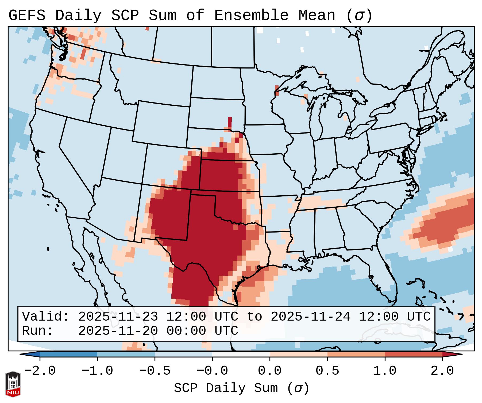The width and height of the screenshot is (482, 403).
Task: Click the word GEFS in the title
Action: tap(27, 16)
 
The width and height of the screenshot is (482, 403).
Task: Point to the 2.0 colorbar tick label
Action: tap(442, 371)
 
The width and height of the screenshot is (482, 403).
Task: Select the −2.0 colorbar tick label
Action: tap(40, 371)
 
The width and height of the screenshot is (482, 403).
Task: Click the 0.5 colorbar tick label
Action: tap(327, 371)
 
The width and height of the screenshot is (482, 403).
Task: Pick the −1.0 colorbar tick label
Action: tap(97, 371)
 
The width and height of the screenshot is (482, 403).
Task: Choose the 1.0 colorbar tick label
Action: tap(385, 371)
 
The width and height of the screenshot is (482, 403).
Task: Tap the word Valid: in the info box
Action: tap(46, 317)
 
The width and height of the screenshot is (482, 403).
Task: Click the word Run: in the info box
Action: tap(38, 331)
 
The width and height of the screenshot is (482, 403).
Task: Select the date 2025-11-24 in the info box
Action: tap(310, 317)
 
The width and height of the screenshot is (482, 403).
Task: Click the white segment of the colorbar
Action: tap(241, 354)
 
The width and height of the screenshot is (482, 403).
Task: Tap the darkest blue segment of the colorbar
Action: tap(68, 354)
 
